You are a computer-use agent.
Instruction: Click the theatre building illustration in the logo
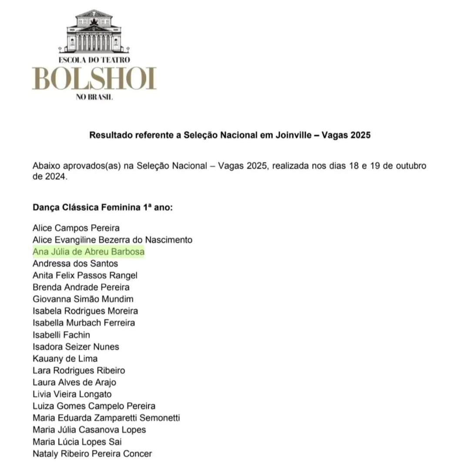pos(94,32)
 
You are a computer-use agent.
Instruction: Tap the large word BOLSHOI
pos(94,79)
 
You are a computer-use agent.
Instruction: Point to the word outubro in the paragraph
pos(410,166)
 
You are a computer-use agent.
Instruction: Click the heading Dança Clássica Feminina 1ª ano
pos(103,207)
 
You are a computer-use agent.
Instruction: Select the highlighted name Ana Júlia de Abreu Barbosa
pos(88,252)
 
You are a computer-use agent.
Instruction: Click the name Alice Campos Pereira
pos(76,228)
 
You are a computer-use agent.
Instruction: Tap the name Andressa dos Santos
pos(75,264)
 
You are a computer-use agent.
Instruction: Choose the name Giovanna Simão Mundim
pos(83,299)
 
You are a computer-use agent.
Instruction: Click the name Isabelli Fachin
pos(61,335)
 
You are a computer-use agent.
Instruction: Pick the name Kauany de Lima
pos(65,359)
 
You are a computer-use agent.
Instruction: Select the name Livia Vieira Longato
pos(72,395)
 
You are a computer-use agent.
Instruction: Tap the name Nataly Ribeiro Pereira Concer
pos(92,454)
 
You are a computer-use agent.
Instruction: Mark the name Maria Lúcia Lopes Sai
pos(77,442)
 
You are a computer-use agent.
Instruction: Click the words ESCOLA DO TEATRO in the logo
pos(94,60)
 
